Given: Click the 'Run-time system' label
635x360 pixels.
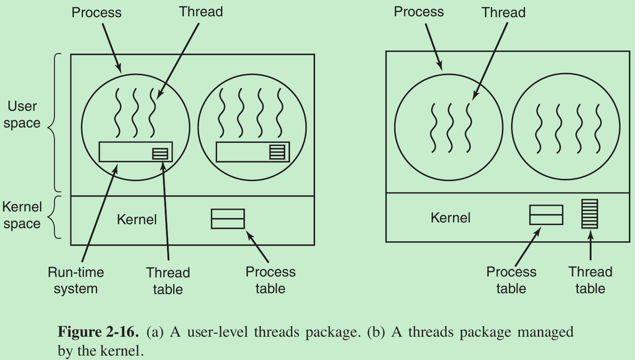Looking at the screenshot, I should [x=76, y=280].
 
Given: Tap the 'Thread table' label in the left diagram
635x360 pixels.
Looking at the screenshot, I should [x=168, y=281].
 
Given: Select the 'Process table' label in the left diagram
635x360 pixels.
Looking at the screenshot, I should [x=270, y=280].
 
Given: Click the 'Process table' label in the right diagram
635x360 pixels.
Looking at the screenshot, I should [x=511, y=280].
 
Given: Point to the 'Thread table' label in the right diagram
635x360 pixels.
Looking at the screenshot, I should [x=590, y=280].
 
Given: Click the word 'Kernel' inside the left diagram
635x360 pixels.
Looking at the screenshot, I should [x=137, y=219].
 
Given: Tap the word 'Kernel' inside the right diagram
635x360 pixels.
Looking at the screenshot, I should [x=450, y=218].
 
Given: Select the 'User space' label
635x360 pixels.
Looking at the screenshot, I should [x=22, y=114].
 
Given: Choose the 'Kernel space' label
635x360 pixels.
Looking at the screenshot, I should [x=22, y=215].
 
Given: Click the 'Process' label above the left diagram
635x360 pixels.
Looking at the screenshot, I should [x=97, y=12].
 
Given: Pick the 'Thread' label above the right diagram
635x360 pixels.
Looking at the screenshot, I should [x=503, y=12].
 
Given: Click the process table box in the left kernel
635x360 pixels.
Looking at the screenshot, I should [x=228, y=218].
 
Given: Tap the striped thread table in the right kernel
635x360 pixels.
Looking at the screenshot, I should [x=590, y=214].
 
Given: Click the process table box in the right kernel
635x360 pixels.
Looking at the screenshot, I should [x=546, y=215].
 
